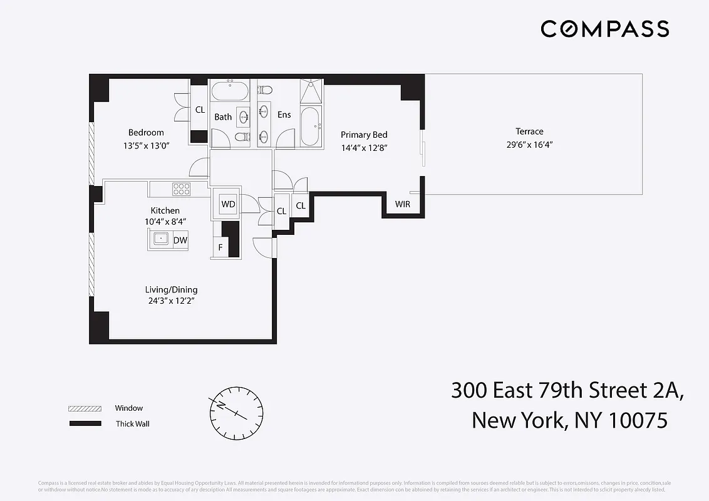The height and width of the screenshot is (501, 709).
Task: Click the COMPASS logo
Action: pos(605,29)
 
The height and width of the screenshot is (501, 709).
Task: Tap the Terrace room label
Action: pos(529,132)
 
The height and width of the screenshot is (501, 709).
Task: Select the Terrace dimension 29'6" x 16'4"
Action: pos(529,145)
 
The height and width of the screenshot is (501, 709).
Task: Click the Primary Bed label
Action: pos(364,135)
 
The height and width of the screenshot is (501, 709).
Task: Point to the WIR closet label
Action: pos(402,205)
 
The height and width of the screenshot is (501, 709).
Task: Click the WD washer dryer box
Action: pos(228,204)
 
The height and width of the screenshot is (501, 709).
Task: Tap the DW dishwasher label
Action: pos(180,240)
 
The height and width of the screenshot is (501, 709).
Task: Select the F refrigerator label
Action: pos(220,247)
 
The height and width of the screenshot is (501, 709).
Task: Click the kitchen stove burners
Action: pos(181,189)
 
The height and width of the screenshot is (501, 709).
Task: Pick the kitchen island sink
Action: pos(161,239)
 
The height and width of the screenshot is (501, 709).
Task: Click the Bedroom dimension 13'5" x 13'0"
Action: pos(146,145)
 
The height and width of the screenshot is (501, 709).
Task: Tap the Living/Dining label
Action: pos(171,289)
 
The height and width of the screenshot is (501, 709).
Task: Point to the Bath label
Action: pos(223,117)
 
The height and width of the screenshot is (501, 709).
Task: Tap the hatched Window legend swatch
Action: pos(85,408)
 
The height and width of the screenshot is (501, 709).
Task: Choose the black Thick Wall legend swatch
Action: pos(85,424)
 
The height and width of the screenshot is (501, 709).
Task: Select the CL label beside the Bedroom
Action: pos(200,110)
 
